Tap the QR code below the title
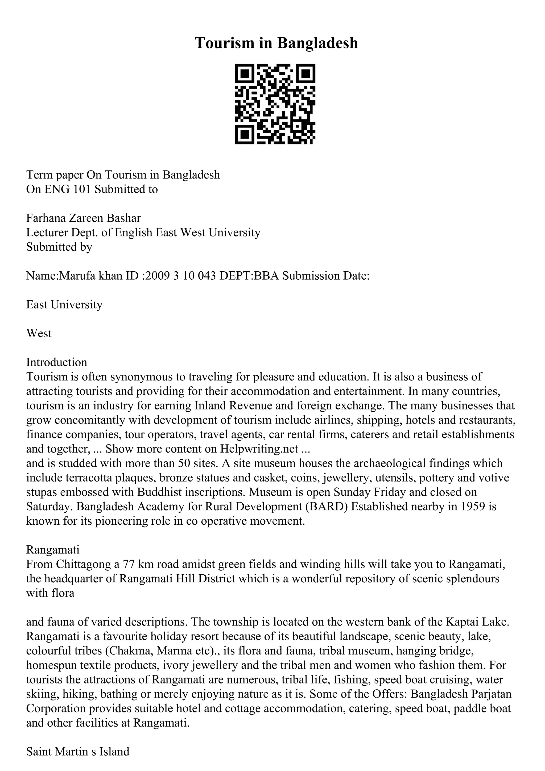tap(275, 104)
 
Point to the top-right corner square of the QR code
tap(305, 74)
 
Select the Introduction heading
tap(56, 362)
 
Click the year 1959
tap(473, 507)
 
